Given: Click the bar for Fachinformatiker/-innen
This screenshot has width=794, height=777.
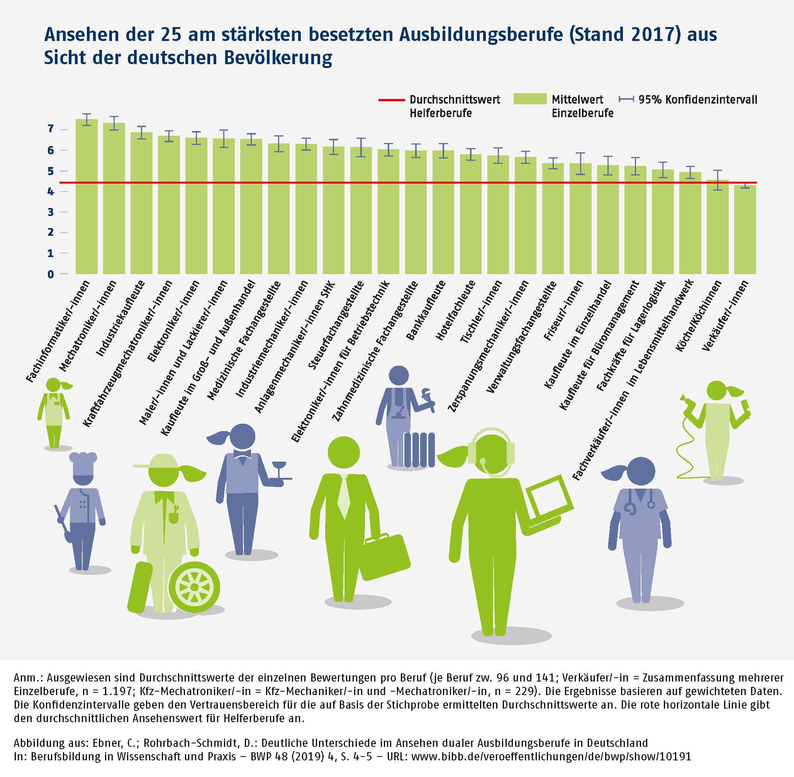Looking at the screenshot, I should click(x=87, y=196).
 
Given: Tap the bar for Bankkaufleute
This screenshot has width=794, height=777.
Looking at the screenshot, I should click(x=443, y=212).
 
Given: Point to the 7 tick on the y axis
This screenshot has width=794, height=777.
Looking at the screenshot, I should click(x=51, y=129).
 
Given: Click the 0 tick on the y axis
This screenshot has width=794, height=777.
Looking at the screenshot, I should click(x=51, y=274).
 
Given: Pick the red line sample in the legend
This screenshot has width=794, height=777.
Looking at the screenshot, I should click(x=391, y=100).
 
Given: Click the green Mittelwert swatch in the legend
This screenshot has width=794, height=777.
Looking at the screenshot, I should click(x=529, y=99).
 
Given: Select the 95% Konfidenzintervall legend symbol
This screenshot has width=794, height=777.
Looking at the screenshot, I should click(x=626, y=99).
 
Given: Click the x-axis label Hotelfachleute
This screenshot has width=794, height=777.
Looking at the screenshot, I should click(x=456, y=310).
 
